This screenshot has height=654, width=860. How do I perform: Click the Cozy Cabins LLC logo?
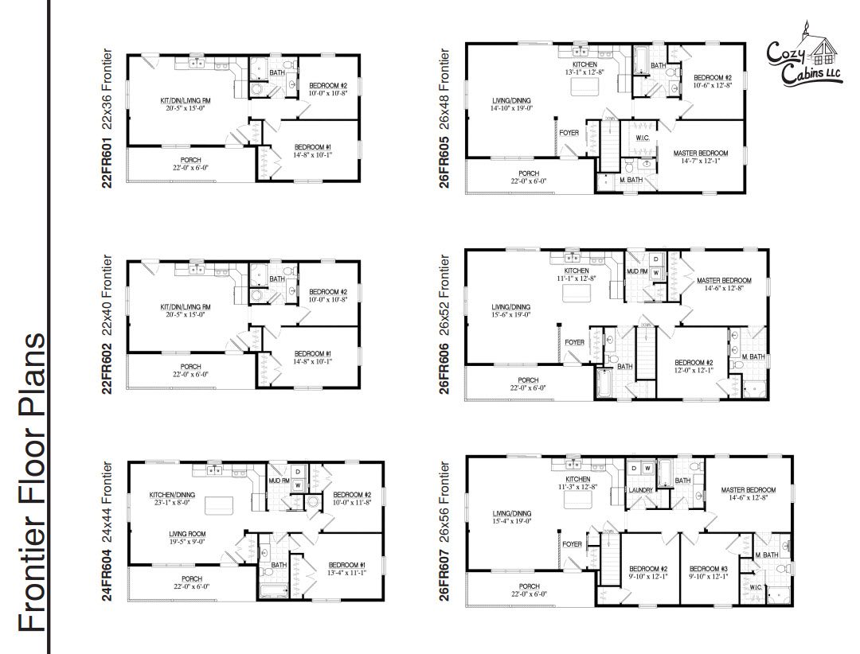(x=803, y=57)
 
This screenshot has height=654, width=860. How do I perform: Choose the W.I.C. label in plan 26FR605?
(x=643, y=138)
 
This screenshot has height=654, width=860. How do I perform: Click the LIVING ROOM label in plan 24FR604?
(x=188, y=534)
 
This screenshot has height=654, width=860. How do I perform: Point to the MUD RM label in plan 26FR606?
(x=637, y=271)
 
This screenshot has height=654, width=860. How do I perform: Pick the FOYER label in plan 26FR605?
(x=569, y=133)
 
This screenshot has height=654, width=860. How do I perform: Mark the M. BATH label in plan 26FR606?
(x=752, y=357)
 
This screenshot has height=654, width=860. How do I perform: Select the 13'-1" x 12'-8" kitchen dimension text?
(x=585, y=71)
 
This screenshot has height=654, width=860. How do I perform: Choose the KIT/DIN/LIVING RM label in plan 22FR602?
(x=185, y=307)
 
